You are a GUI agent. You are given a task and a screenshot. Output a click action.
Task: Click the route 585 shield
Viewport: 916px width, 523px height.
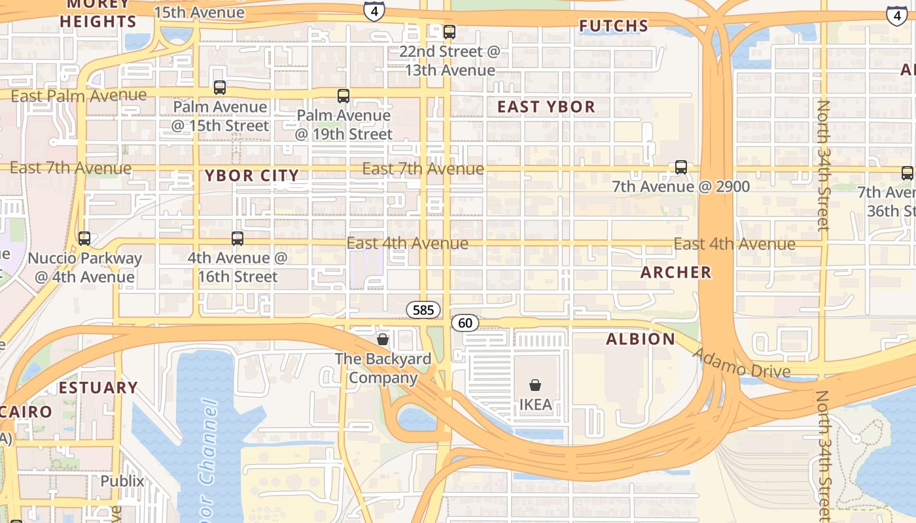(423, 310)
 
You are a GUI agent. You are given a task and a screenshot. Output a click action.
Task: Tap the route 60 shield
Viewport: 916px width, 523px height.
(465, 323)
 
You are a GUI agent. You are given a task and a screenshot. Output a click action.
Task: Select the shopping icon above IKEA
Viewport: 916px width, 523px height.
(535, 385)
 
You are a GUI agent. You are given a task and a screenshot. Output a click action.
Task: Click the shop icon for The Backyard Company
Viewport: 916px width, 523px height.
(383, 339)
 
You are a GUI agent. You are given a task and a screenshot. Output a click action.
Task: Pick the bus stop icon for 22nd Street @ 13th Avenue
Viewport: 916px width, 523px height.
(449, 32)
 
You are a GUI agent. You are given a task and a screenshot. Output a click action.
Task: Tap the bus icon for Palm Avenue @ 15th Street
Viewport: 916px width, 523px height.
(220, 87)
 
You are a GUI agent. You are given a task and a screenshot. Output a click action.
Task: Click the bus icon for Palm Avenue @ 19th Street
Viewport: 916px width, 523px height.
(343, 96)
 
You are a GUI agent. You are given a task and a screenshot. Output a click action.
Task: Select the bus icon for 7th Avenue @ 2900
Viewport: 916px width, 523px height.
(681, 167)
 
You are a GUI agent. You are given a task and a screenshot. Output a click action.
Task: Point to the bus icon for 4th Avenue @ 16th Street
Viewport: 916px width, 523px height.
(238, 239)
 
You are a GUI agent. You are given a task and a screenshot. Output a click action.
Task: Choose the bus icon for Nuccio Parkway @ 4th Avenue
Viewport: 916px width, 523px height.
(84, 239)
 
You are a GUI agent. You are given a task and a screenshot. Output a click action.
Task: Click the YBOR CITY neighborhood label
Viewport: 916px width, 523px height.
(252, 176)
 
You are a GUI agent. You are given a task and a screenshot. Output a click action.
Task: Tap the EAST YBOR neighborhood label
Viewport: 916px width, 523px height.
(546, 107)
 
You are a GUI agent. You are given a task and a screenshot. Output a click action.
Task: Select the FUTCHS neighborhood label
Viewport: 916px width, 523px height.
(614, 26)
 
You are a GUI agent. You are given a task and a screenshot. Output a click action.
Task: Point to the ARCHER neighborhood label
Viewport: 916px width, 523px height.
(676, 273)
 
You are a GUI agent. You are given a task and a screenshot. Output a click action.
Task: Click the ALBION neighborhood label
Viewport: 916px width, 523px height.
(641, 339)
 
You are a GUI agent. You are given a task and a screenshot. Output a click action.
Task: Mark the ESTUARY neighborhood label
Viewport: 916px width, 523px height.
(98, 388)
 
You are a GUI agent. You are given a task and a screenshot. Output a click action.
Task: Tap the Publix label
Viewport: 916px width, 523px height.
(122, 481)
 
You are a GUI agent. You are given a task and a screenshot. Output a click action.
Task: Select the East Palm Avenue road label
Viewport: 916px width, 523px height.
(79, 96)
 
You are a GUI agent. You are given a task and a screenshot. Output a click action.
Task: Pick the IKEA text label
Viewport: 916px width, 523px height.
(535, 405)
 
